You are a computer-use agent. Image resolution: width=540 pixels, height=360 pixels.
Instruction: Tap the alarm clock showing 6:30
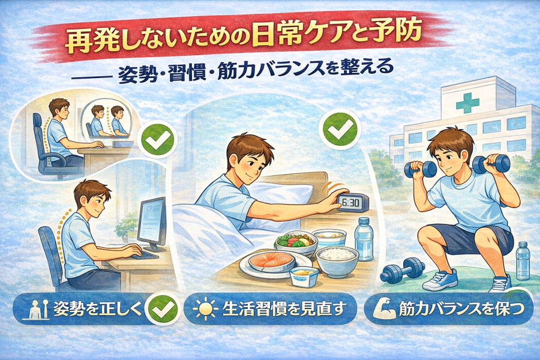tap(352, 203)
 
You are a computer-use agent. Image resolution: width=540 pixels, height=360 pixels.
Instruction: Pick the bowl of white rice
tap(337, 259)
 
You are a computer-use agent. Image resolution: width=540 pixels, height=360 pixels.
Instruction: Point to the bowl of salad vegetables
tap(296, 242)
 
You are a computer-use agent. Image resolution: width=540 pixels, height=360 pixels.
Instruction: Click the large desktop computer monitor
tap(152, 220)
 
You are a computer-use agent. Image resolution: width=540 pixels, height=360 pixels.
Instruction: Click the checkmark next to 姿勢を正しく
tap(161, 308)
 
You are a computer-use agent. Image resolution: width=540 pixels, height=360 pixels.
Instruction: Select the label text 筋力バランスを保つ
tap(462, 309)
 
